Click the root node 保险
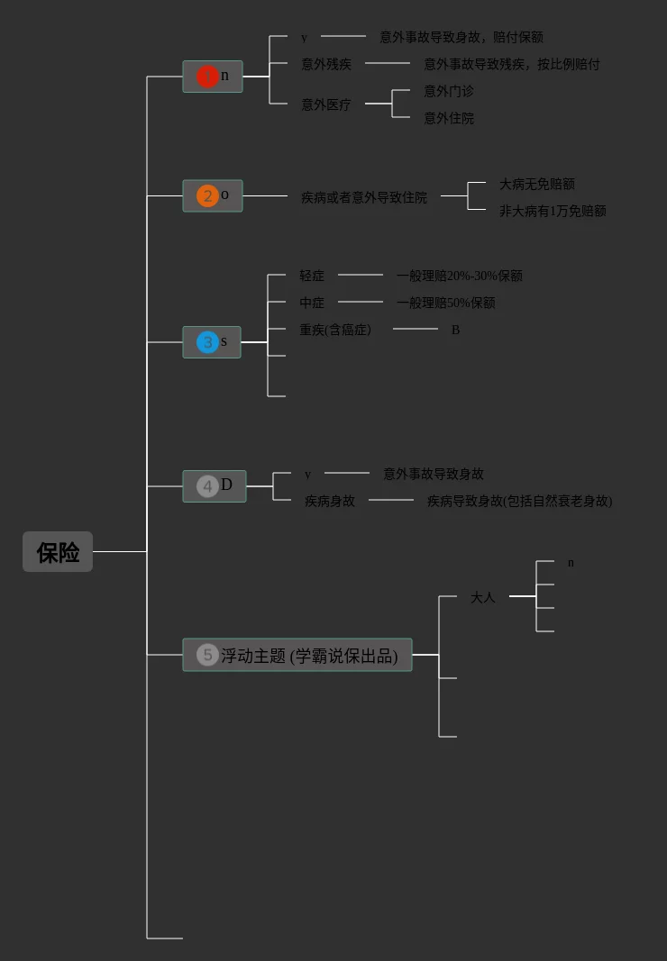(58, 552)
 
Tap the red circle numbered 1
(207, 77)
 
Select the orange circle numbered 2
(207, 195)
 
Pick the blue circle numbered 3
(207, 342)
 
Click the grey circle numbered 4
(207, 486)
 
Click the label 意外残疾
(326, 64)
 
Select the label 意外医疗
(326, 104)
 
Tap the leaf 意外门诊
(449, 91)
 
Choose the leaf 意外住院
(449, 118)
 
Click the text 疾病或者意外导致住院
(364, 197)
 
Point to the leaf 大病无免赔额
(537, 184)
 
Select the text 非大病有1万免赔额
(553, 211)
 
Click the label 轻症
(312, 276)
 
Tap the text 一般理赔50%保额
(446, 303)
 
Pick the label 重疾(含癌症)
(335, 330)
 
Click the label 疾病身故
(330, 501)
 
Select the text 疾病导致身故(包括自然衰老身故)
(519, 501)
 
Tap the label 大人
(483, 597)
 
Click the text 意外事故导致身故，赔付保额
(461, 37)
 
